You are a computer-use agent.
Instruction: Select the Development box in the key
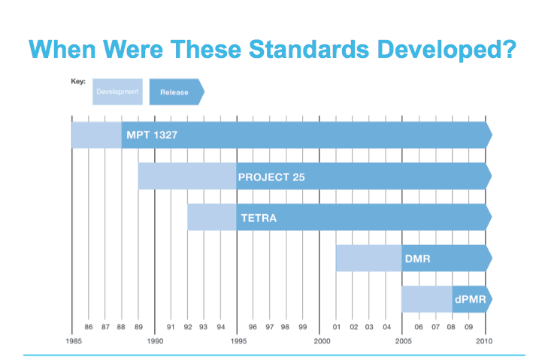(x=117, y=92)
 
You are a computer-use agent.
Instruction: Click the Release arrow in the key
(x=176, y=92)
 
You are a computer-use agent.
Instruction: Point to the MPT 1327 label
(x=152, y=136)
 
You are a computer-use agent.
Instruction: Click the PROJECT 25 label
(x=271, y=177)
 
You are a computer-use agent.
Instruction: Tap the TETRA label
(x=259, y=218)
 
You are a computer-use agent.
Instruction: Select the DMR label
(x=417, y=259)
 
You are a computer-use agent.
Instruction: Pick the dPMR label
(x=470, y=299)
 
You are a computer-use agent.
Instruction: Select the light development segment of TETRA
(x=212, y=217)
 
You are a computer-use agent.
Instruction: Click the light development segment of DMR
(x=368, y=258)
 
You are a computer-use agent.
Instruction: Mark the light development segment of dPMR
(x=427, y=299)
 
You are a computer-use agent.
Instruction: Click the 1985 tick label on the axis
(x=72, y=340)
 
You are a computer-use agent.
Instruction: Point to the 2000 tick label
(x=322, y=340)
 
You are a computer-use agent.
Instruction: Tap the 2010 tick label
(x=486, y=340)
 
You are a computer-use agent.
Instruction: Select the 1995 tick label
(x=238, y=340)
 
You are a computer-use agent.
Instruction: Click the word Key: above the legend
(x=79, y=80)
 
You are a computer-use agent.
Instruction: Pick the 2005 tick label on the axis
(x=404, y=340)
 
